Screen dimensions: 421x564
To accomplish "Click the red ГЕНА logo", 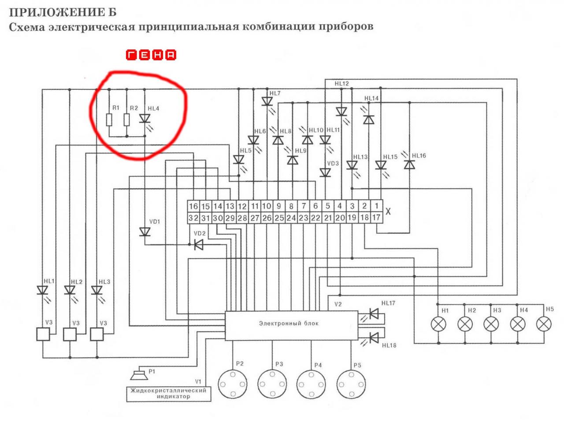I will pos(151,55).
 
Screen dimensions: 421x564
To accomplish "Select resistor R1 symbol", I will pos(109,119).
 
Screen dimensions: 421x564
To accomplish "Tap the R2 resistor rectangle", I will pos(127,119).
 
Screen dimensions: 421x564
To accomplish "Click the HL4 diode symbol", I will pos(145,119).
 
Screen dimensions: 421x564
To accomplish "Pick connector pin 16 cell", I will pos(193,206).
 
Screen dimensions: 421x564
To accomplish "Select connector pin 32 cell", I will pos(193,217).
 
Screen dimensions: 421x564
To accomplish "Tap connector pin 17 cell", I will pos(376,217).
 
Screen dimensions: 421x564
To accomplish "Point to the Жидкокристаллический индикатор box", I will pos(169,393).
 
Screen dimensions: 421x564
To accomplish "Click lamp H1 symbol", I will pos(438,324).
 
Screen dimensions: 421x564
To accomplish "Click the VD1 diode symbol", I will pos(145,232).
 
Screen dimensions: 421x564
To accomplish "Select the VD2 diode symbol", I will pos(199,245).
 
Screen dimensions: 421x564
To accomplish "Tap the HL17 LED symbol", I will pos(374,314).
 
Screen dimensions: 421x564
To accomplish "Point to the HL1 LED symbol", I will pos(43,291).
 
